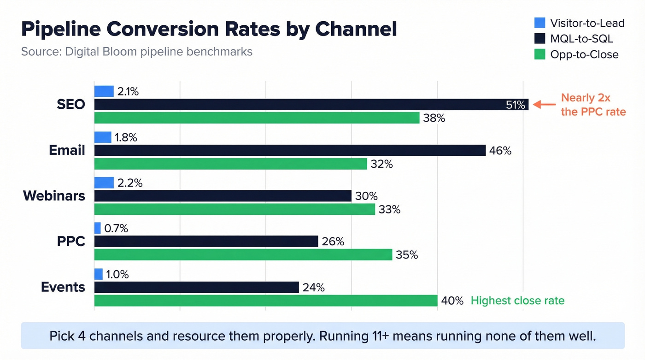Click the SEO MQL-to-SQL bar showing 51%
coord(311,105)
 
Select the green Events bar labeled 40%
coord(265,301)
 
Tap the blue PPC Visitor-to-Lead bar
coord(98,228)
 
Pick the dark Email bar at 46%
coord(290,150)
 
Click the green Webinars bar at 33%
coord(235,209)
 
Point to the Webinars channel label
coord(54,195)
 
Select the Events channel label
coord(63,287)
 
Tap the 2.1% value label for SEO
coord(128,91)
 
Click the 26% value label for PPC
coord(333,242)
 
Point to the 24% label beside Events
coord(314,288)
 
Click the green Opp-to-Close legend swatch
coord(539,54)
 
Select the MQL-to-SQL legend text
coord(581,39)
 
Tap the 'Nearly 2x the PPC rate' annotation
coord(593,105)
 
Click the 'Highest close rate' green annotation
coord(517,301)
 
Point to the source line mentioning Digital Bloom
coord(136,51)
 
